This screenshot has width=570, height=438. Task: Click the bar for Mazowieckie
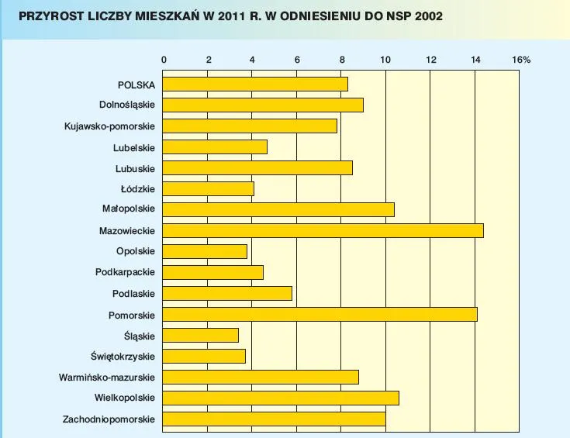coord(323,230)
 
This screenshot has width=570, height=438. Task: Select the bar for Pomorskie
coord(320,314)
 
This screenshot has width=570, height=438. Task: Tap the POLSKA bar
coord(255,84)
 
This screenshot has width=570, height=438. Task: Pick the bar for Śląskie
coord(200,335)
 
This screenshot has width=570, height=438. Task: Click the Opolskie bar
coord(205,251)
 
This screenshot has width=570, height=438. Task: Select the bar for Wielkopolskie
coord(281,398)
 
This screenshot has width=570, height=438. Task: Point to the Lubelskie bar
coord(215,147)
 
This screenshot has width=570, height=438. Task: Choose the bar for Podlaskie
coord(227,293)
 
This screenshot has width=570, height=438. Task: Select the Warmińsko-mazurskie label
coord(107,378)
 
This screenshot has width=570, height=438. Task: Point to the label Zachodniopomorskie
coord(109,419)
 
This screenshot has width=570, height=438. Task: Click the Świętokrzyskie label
coord(123,357)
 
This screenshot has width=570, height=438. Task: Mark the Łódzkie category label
coord(138,188)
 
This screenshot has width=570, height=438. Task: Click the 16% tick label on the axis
coord(521,60)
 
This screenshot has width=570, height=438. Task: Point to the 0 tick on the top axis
coord(163,60)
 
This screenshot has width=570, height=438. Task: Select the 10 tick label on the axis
coord(386,60)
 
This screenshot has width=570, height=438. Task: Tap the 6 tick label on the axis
coord(297,60)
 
